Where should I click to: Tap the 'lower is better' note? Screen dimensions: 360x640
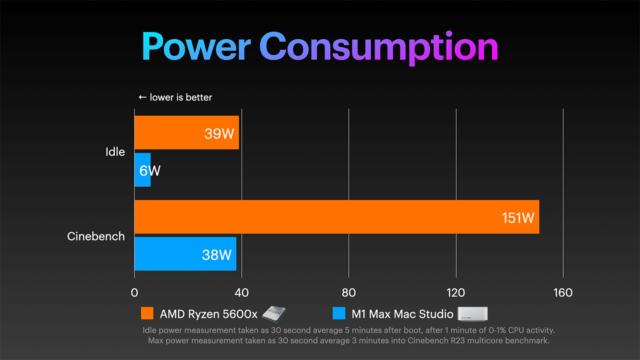[176, 97]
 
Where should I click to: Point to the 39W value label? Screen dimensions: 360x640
[219, 134]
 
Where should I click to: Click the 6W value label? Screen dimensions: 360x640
[150, 171]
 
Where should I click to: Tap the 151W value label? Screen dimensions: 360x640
[518, 218]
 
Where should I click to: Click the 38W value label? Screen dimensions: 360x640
[217, 254]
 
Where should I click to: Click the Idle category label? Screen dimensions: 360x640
[115, 152]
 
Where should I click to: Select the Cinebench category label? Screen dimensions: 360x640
[96, 236]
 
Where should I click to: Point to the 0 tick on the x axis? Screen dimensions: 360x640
[134, 293]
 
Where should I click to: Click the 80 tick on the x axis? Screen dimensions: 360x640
[349, 293]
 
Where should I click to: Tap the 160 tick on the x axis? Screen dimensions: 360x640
[563, 293]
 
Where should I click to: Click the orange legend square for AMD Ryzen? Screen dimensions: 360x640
[147, 313]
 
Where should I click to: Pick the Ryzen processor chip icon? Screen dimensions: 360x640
[274, 313]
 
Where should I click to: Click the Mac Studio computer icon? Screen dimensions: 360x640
[473, 313]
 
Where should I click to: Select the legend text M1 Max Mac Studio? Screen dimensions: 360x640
[402, 314]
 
